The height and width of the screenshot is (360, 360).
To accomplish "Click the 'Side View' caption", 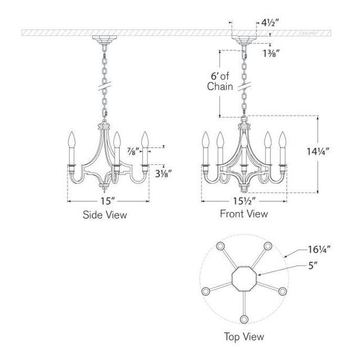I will [105, 214].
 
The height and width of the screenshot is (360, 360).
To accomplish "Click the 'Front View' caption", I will [244, 214].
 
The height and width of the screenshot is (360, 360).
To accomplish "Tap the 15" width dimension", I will [109, 200].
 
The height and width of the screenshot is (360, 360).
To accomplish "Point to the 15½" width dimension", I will [244, 199].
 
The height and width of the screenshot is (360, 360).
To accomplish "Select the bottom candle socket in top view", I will [244, 319].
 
